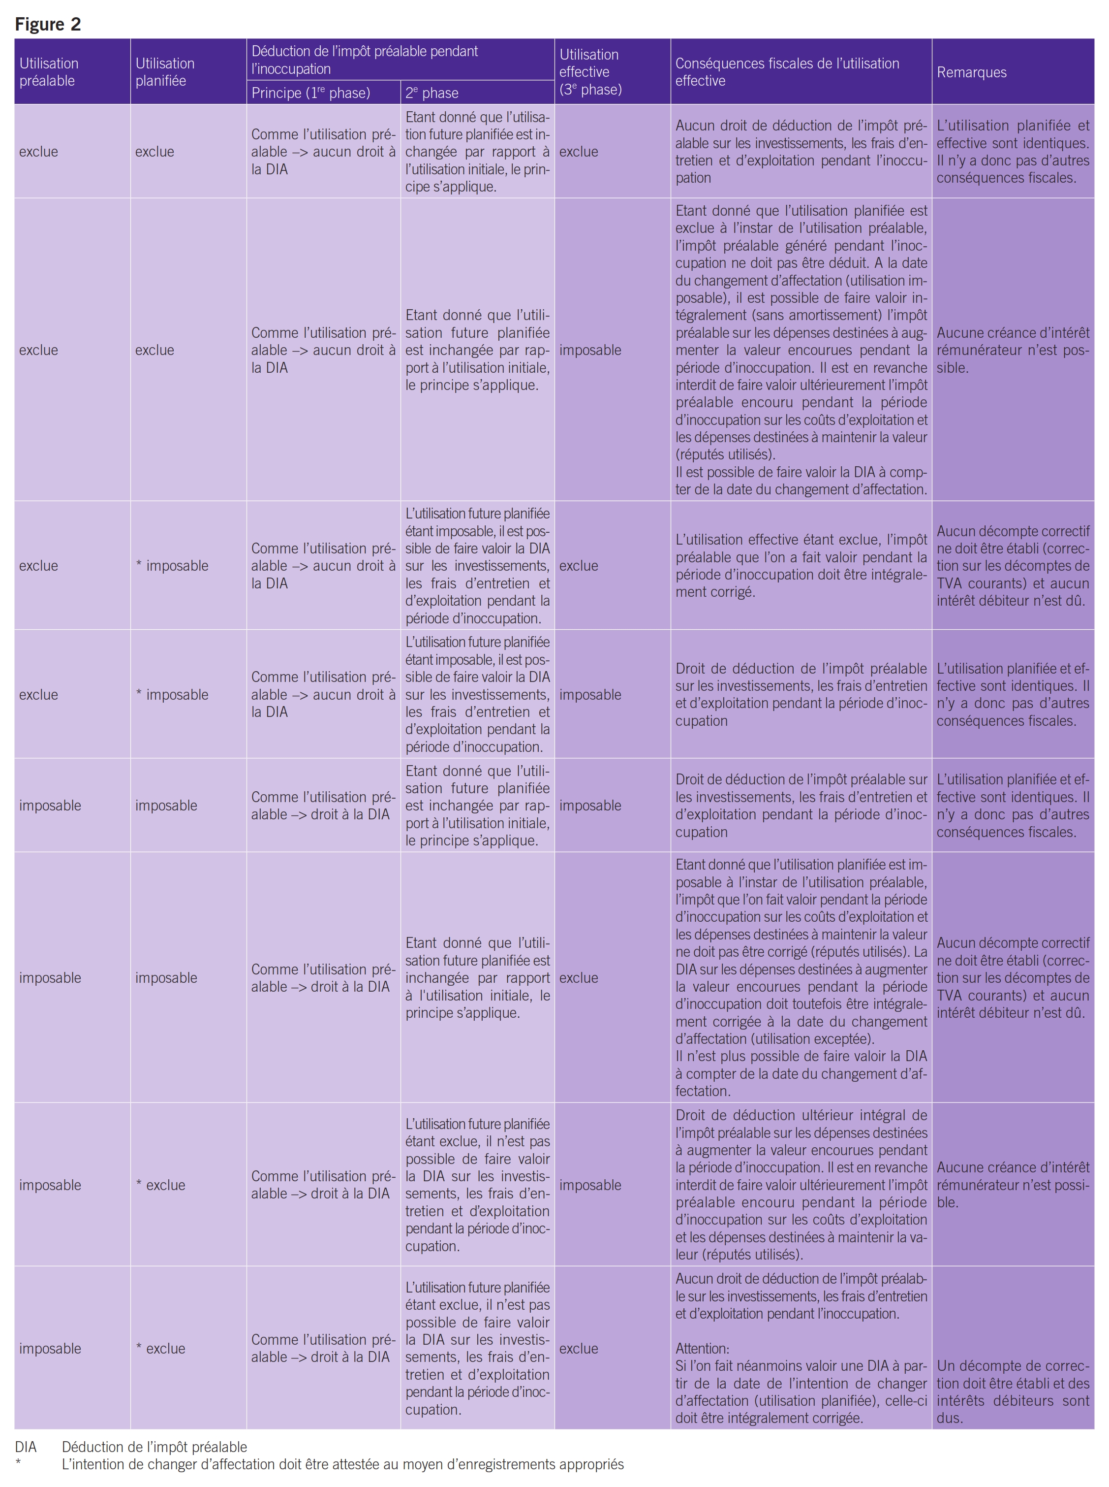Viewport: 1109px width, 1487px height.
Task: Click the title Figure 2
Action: (48, 24)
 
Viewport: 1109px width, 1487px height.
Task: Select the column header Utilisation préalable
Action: (49, 72)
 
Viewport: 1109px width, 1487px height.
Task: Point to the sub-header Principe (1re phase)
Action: (310, 93)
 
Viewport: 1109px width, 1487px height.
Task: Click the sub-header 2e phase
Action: (431, 93)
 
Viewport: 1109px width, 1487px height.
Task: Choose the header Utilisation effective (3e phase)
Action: (590, 72)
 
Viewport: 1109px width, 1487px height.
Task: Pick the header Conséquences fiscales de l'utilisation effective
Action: (787, 72)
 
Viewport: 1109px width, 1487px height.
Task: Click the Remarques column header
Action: (971, 72)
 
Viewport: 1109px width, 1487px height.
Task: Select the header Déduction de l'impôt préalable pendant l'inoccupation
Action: (365, 60)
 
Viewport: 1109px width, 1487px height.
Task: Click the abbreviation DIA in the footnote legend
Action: (26, 1447)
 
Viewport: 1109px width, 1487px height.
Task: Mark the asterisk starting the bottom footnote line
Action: (18, 1465)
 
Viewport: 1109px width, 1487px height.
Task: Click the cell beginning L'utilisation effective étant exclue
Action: (801, 566)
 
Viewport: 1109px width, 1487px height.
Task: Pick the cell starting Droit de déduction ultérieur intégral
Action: (801, 1184)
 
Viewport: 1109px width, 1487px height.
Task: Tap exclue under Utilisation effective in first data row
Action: (579, 152)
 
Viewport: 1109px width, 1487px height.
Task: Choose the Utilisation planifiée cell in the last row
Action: (161, 1348)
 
